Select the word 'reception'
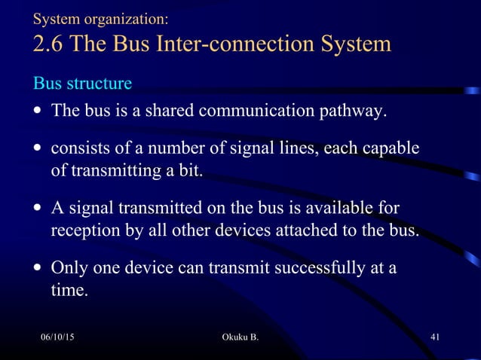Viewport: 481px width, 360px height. coord(84,230)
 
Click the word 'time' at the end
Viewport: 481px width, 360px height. coord(67,289)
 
